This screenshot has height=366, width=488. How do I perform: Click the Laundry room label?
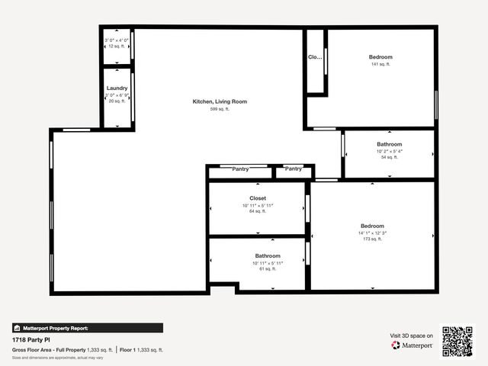(x=117, y=88)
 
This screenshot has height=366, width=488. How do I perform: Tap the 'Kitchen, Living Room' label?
(x=220, y=101)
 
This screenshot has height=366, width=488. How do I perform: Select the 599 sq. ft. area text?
(x=220, y=109)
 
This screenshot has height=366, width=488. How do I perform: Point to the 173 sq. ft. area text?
(x=372, y=239)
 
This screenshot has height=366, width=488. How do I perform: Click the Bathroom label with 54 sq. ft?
(x=389, y=144)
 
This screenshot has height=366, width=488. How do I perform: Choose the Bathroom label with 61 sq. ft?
(x=268, y=256)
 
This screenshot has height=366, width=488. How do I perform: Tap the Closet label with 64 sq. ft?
(x=257, y=198)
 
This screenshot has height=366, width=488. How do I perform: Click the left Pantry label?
(x=240, y=169)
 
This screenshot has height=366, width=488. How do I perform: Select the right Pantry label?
(x=293, y=169)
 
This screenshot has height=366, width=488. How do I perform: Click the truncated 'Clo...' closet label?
(x=315, y=57)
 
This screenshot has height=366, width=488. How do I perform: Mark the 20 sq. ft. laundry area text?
(x=117, y=101)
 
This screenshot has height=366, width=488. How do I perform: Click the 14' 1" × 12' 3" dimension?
(x=372, y=233)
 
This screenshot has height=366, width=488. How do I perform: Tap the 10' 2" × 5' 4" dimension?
(x=389, y=151)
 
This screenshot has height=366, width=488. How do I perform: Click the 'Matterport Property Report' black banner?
(x=87, y=328)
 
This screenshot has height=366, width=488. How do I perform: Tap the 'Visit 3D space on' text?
(x=412, y=335)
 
